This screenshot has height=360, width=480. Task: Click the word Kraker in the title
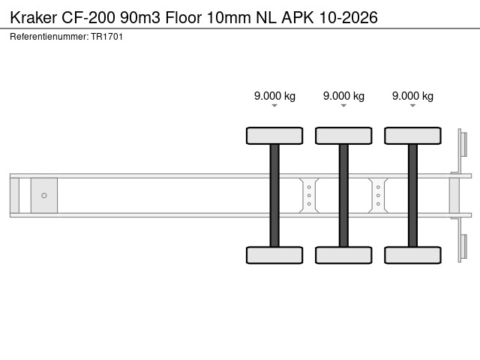(33, 17)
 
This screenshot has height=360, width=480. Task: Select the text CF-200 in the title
(88, 17)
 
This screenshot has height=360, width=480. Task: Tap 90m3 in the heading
(140, 17)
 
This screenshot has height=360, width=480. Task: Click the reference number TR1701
(106, 37)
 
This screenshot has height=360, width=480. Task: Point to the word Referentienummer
(49, 37)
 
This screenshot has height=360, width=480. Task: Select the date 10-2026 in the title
(348, 17)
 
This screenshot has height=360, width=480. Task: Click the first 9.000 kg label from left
(274, 96)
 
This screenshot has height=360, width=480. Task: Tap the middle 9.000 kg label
(343, 96)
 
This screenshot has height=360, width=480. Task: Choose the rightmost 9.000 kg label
(412, 96)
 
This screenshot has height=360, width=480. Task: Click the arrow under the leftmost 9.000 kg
(274, 106)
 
